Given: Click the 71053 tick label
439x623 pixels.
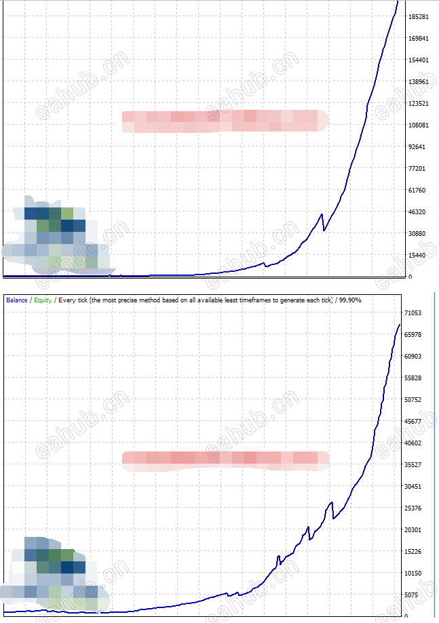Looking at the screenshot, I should pos(413,313).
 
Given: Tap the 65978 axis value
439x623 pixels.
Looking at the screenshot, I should pos(413,335).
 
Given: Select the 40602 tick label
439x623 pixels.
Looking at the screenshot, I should pos(413,443).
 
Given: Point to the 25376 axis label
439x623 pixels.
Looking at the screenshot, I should pos(413,508).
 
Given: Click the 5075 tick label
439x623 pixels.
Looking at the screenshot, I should pos(411,595).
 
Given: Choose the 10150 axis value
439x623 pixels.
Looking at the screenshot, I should pos(413,574).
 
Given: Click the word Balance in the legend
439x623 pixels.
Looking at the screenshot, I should pos(16,299).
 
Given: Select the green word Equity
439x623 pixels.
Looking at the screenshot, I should pos(43,299).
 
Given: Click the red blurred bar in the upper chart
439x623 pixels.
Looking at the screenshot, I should pos(224,121).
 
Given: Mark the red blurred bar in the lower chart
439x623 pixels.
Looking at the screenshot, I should pos(224,460).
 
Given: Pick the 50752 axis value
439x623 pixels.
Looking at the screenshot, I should pos(413,400).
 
